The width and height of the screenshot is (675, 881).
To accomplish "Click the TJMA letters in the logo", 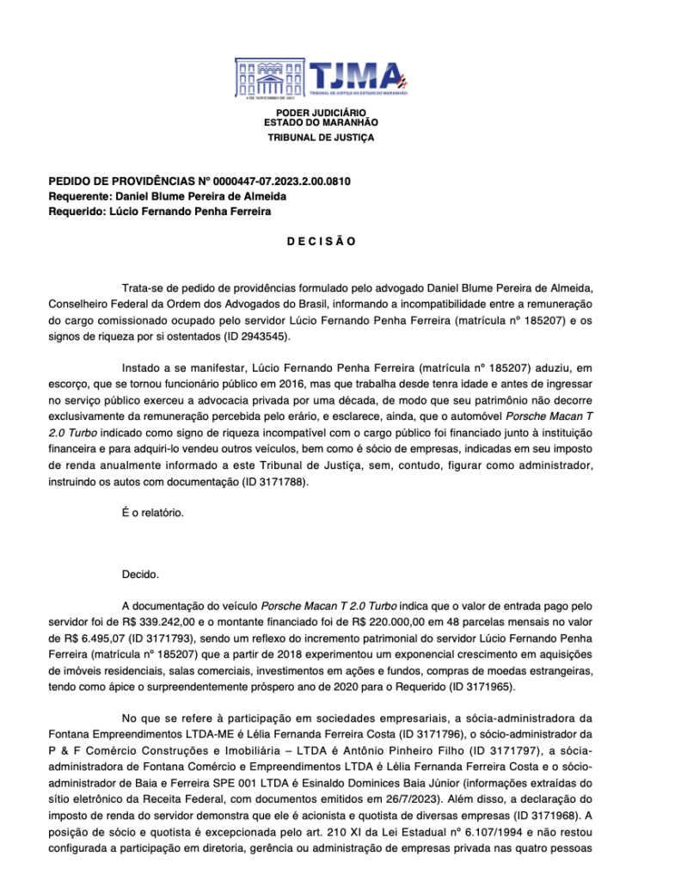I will click(x=355, y=76).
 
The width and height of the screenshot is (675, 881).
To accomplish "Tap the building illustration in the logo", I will click(x=270, y=79).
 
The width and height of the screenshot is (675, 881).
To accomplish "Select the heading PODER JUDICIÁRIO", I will click(x=321, y=114).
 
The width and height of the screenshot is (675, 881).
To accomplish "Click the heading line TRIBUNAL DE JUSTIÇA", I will click(x=321, y=138).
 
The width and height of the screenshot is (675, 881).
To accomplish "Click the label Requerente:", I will click(x=80, y=196).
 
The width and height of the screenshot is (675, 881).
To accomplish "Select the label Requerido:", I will click(x=77, y=211).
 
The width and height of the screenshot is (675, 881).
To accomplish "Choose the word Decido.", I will click(x=140, y=573).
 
